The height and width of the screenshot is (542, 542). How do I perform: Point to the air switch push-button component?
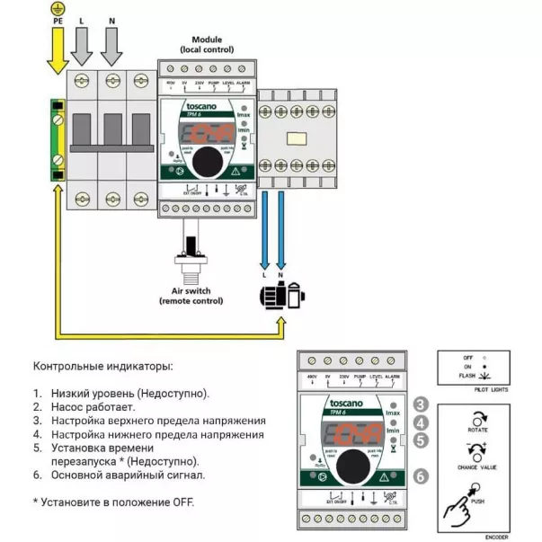192,256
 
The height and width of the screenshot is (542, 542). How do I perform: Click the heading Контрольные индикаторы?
103,367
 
